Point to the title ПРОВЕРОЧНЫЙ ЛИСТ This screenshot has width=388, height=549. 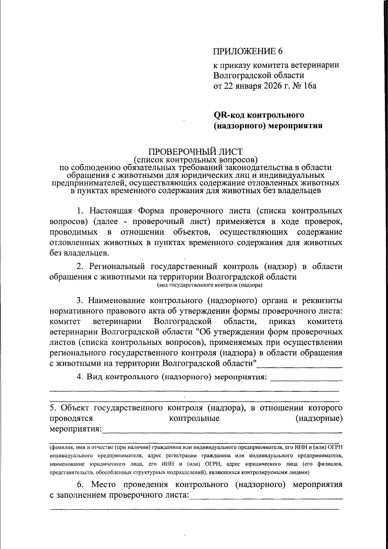[195, 152]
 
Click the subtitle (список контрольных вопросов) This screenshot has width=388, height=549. [195, 160]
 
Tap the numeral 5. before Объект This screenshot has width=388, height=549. [53, 408]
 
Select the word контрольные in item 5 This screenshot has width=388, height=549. [194, 418]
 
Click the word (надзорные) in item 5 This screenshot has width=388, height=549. [319, 418]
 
